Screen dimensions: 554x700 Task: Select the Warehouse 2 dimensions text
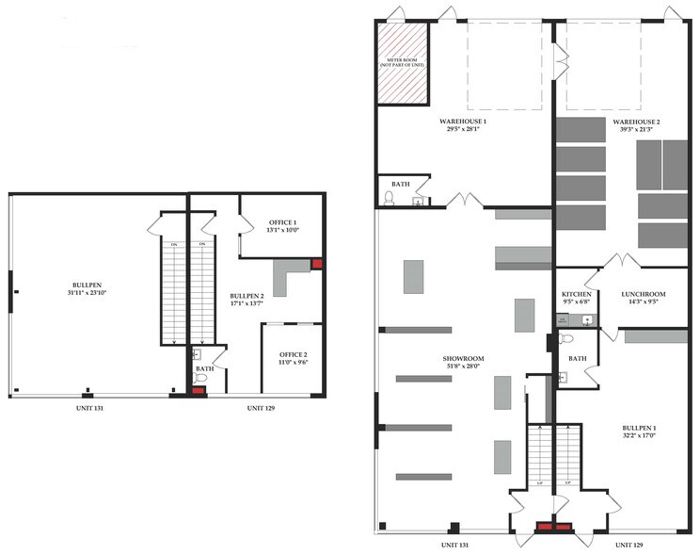click(637, 129)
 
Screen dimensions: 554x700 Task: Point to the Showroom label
click(463, 359)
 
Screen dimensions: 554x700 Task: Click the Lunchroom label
click(644, 294)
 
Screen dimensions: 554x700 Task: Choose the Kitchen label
click(576, 294)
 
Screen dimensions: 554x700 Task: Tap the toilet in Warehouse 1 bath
click(390, 199)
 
